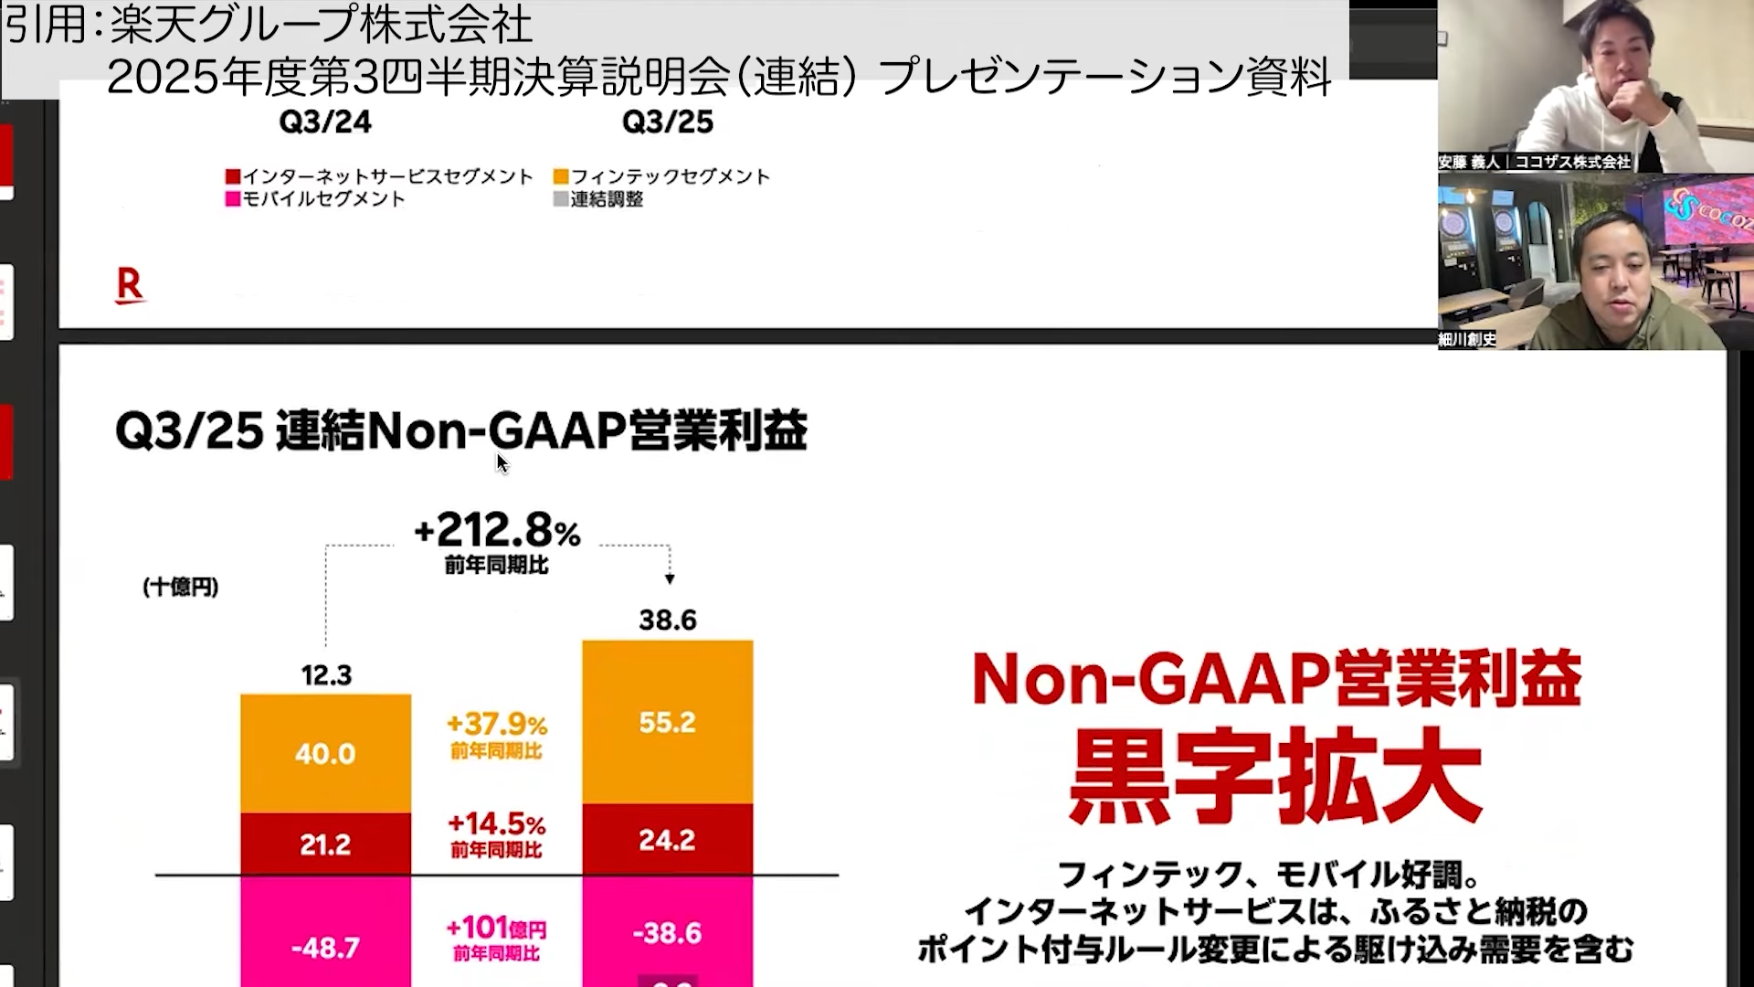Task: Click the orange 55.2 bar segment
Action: coord(668,722)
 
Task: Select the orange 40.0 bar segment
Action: coord(325,754)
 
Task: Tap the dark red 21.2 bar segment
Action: coord(325,844)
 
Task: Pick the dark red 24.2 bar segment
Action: coord(668,840)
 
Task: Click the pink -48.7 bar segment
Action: coord(325,947)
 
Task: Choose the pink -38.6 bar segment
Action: coord(668,933)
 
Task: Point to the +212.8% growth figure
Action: coord(497,531)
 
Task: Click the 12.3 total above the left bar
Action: coord(326,675)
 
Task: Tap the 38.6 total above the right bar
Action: coord(668,621)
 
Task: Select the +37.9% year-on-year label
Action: coord(497,726)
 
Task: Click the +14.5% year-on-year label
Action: coord(497,824)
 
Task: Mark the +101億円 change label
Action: coord(497,929)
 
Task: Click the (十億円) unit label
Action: coord(181,587)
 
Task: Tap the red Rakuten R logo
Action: coord(130,286)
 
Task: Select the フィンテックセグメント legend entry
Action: coord(661,176)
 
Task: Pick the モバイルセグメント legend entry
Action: coord(315,199)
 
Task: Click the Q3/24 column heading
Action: coord(325,122)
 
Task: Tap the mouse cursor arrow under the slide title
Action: coord(502,462)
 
